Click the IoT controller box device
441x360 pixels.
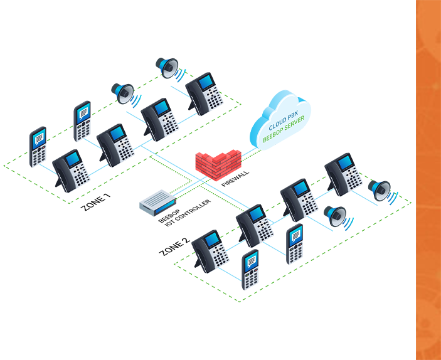coord(156,202)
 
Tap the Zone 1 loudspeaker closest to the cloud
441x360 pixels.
coord(168,67)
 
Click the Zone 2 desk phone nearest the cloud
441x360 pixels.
coord(343,173)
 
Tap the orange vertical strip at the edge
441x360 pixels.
coord(428,180)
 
